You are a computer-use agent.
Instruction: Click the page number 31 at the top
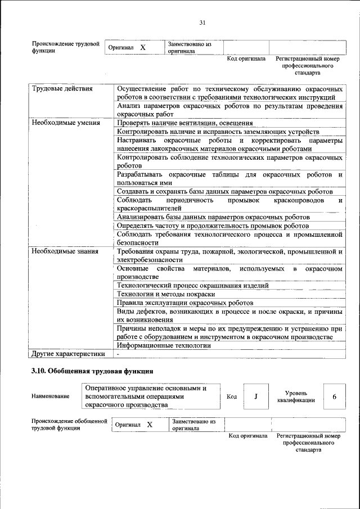pyautogui.click(x=203, y=22)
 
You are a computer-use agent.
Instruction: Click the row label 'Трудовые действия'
pyautogui.click(x=62, y=89)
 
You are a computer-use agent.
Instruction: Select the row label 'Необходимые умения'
pyautogui.click(x=66, y=122)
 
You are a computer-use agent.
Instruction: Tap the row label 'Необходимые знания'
pyautogui.click(x=65, y=251)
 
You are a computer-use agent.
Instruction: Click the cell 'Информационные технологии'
pyautogui.click(x=164, y=345)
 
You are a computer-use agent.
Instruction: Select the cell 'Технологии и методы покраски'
pyautogui.click(x=166, y=294)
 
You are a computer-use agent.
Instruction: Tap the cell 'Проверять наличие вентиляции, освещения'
pyautogui.click(x=184, y=123)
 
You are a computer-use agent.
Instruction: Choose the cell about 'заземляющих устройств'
pyautogui.click(x=218, y=131)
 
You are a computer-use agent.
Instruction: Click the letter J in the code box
pyautogui.click(x=256, y=397)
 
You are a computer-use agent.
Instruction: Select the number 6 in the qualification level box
pyautogui.click(x=334, y=397)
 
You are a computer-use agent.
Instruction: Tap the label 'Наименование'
pyautogui.click(x=51, y=397)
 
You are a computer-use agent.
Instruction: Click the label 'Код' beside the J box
pyautogui.click(x=232, y=397)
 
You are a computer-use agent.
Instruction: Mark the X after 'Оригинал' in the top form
pyautogui.click(x=143, y=48)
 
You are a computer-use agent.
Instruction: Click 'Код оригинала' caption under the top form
pyautogui.click(x=246, y=58)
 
